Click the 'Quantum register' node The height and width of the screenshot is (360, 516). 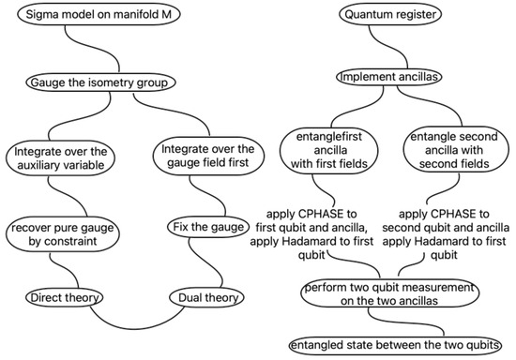point(384,16)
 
